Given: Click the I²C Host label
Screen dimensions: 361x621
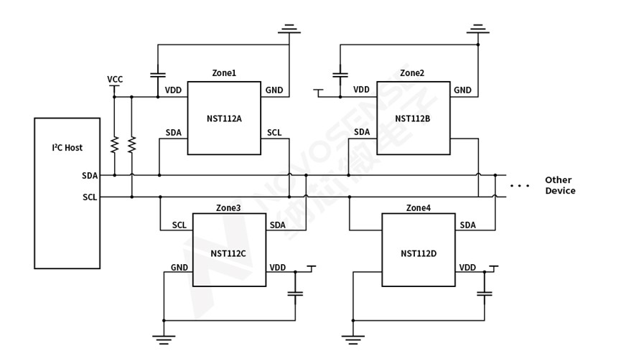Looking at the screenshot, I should pos(67,148).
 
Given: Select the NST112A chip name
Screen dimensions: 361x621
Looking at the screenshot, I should pos(223,118).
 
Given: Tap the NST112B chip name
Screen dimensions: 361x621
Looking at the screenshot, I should pos(413,118).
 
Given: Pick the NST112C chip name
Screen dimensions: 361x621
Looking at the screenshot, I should pos(228,253).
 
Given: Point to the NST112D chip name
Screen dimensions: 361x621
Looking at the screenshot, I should pos(418,253).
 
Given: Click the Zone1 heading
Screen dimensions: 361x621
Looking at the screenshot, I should pos(224,73).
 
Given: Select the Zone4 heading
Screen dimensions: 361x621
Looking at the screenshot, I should pos(419,208).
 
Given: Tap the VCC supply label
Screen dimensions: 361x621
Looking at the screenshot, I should pos(114,79).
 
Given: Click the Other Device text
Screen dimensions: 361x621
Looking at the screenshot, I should pos(559,185).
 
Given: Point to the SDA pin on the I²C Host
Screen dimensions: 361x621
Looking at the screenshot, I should pos(90,175).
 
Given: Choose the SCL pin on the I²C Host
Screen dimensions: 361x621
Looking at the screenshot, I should pos(90,197).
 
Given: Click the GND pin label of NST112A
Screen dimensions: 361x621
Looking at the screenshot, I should pos(274,90).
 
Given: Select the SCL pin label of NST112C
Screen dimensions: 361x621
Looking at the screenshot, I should pos(179,225).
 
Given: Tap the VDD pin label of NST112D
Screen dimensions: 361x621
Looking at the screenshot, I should pos(467,268).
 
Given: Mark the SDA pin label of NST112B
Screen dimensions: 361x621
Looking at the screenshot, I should pos(362,132).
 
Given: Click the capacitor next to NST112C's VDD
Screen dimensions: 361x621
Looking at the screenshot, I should pos(295,293).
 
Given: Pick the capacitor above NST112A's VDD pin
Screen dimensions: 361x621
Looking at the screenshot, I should pos(158,74).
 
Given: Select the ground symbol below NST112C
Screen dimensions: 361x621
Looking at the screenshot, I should pos(164,339).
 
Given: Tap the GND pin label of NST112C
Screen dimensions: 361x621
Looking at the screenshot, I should pos(179,268).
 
